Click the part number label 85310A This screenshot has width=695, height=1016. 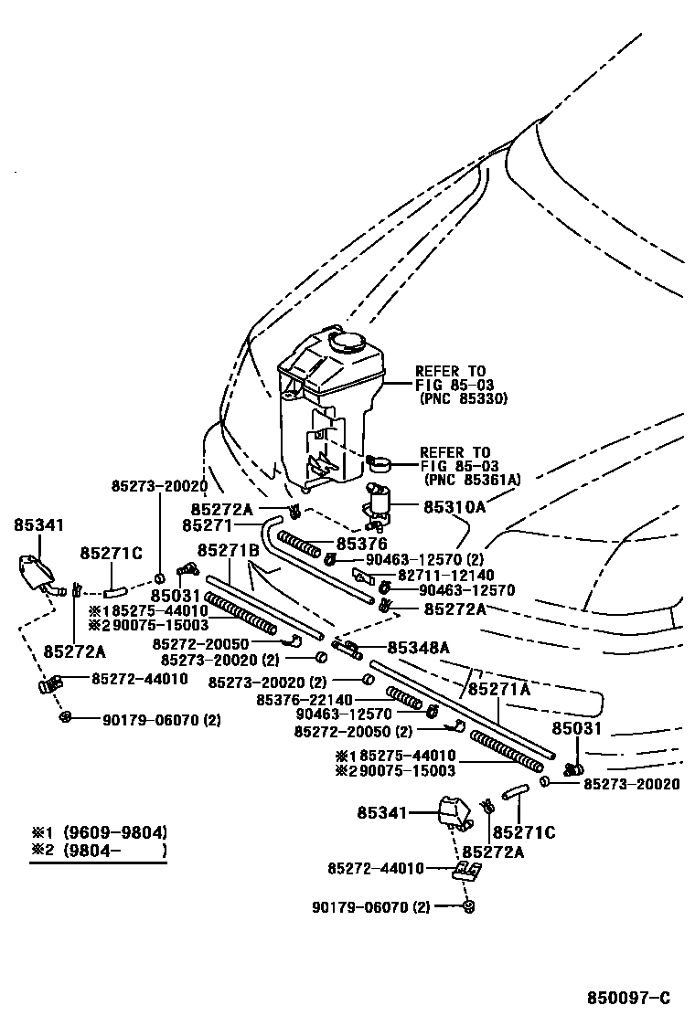[x=454, y=504]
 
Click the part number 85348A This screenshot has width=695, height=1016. [x=418, y=648]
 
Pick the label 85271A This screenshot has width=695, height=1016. [x=500, y=690]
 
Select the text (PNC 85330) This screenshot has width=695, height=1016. [x=463, y=399]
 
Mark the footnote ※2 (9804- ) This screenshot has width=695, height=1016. [x=99, y=850]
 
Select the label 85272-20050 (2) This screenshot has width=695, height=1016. [x=353, y=731]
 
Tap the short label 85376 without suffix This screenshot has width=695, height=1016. [x=362, y=544]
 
